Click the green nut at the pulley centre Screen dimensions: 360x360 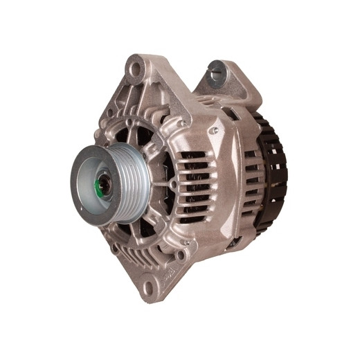click(102, 186)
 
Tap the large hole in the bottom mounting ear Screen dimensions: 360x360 click(147, 284)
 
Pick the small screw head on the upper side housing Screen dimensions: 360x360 click(215, 129)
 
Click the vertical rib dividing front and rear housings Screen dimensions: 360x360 click(235, 183)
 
